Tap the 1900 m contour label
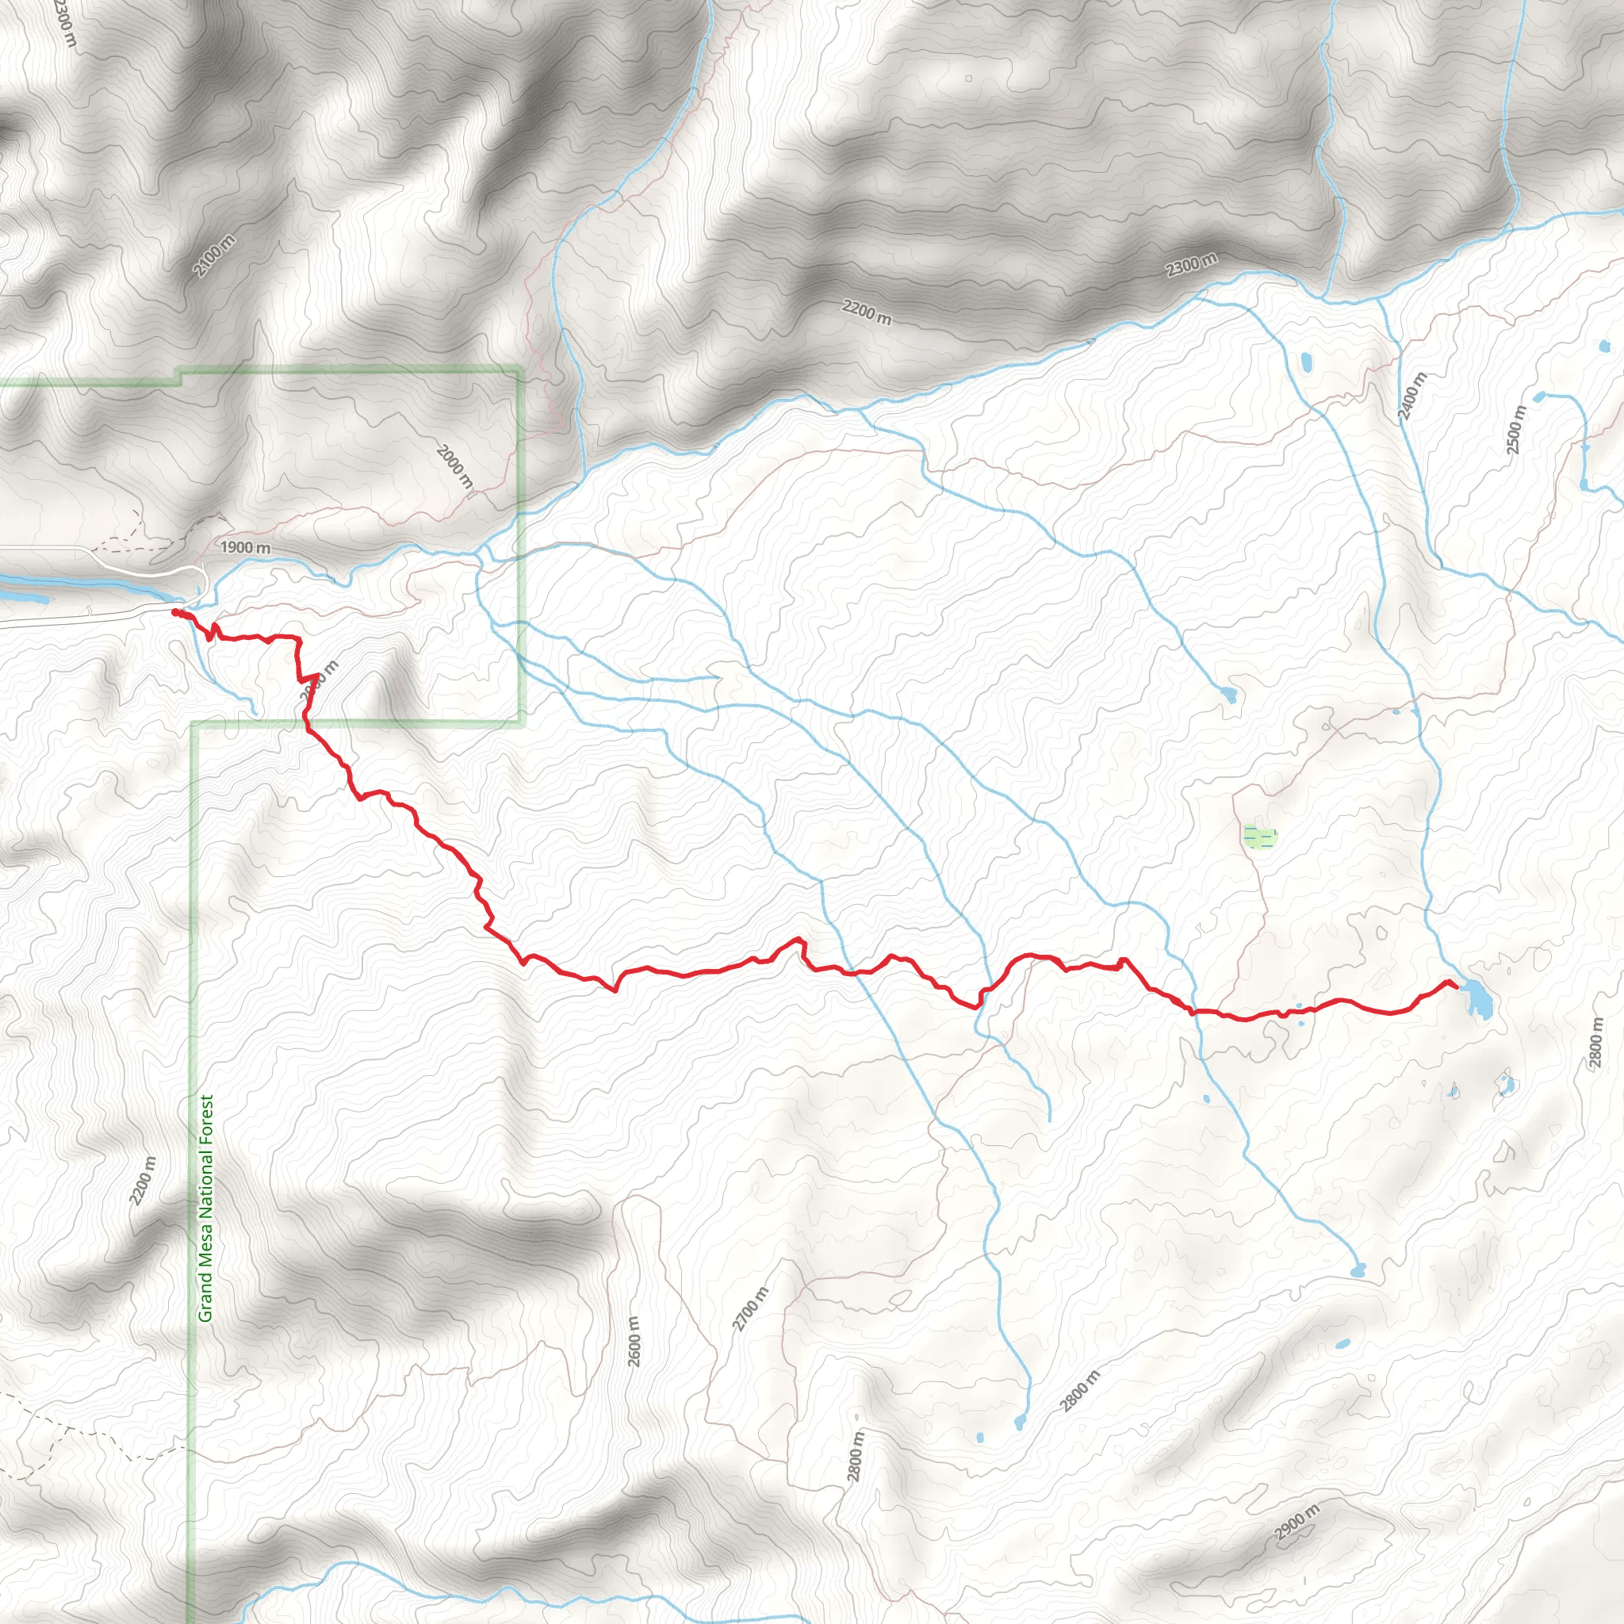[x=246, y=547]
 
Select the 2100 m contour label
[x=213, y=256]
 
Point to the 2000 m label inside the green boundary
[x=454, y=466]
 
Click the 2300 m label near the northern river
[x=1191, y=266]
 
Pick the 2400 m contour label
[x=1412, y=396]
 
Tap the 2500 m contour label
[x=1516, y=430]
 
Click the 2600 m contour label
[x=634, y=1342]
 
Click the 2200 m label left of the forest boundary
[x=143, y=1180]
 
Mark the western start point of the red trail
[x=174, y=612]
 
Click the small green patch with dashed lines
[x=1259, y=837]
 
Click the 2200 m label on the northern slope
[x=867, y=312]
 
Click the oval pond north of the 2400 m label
[x=1306, y=362]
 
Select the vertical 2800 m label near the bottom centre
[x=856, y=1457]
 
